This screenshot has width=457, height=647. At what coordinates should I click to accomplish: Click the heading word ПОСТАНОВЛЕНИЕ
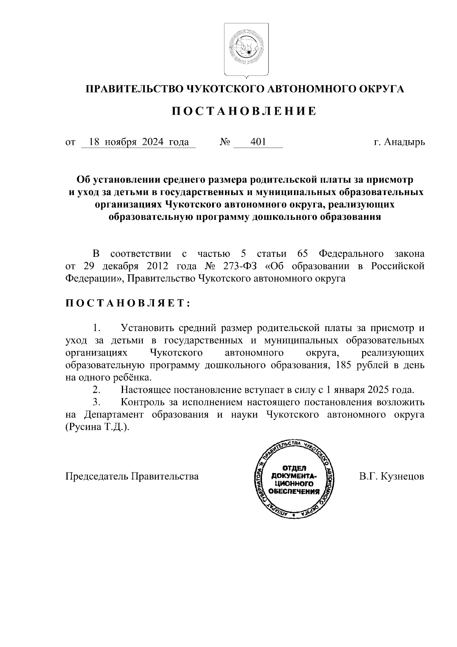[244, 111]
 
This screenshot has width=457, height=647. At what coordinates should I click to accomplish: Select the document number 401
[258, 143]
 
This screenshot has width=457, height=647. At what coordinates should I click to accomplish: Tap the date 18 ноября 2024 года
[139, 143]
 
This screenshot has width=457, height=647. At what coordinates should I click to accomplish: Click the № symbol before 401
[225, 143]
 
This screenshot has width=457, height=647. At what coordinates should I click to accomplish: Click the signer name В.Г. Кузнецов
[391, 476]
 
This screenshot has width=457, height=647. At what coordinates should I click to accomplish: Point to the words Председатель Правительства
[132, 476]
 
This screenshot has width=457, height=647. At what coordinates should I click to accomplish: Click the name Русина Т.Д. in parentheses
[97, 427]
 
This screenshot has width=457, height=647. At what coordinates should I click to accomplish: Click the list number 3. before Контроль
[96, 402]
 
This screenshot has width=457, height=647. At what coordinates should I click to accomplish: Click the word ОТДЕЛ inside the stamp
[294, 468]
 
